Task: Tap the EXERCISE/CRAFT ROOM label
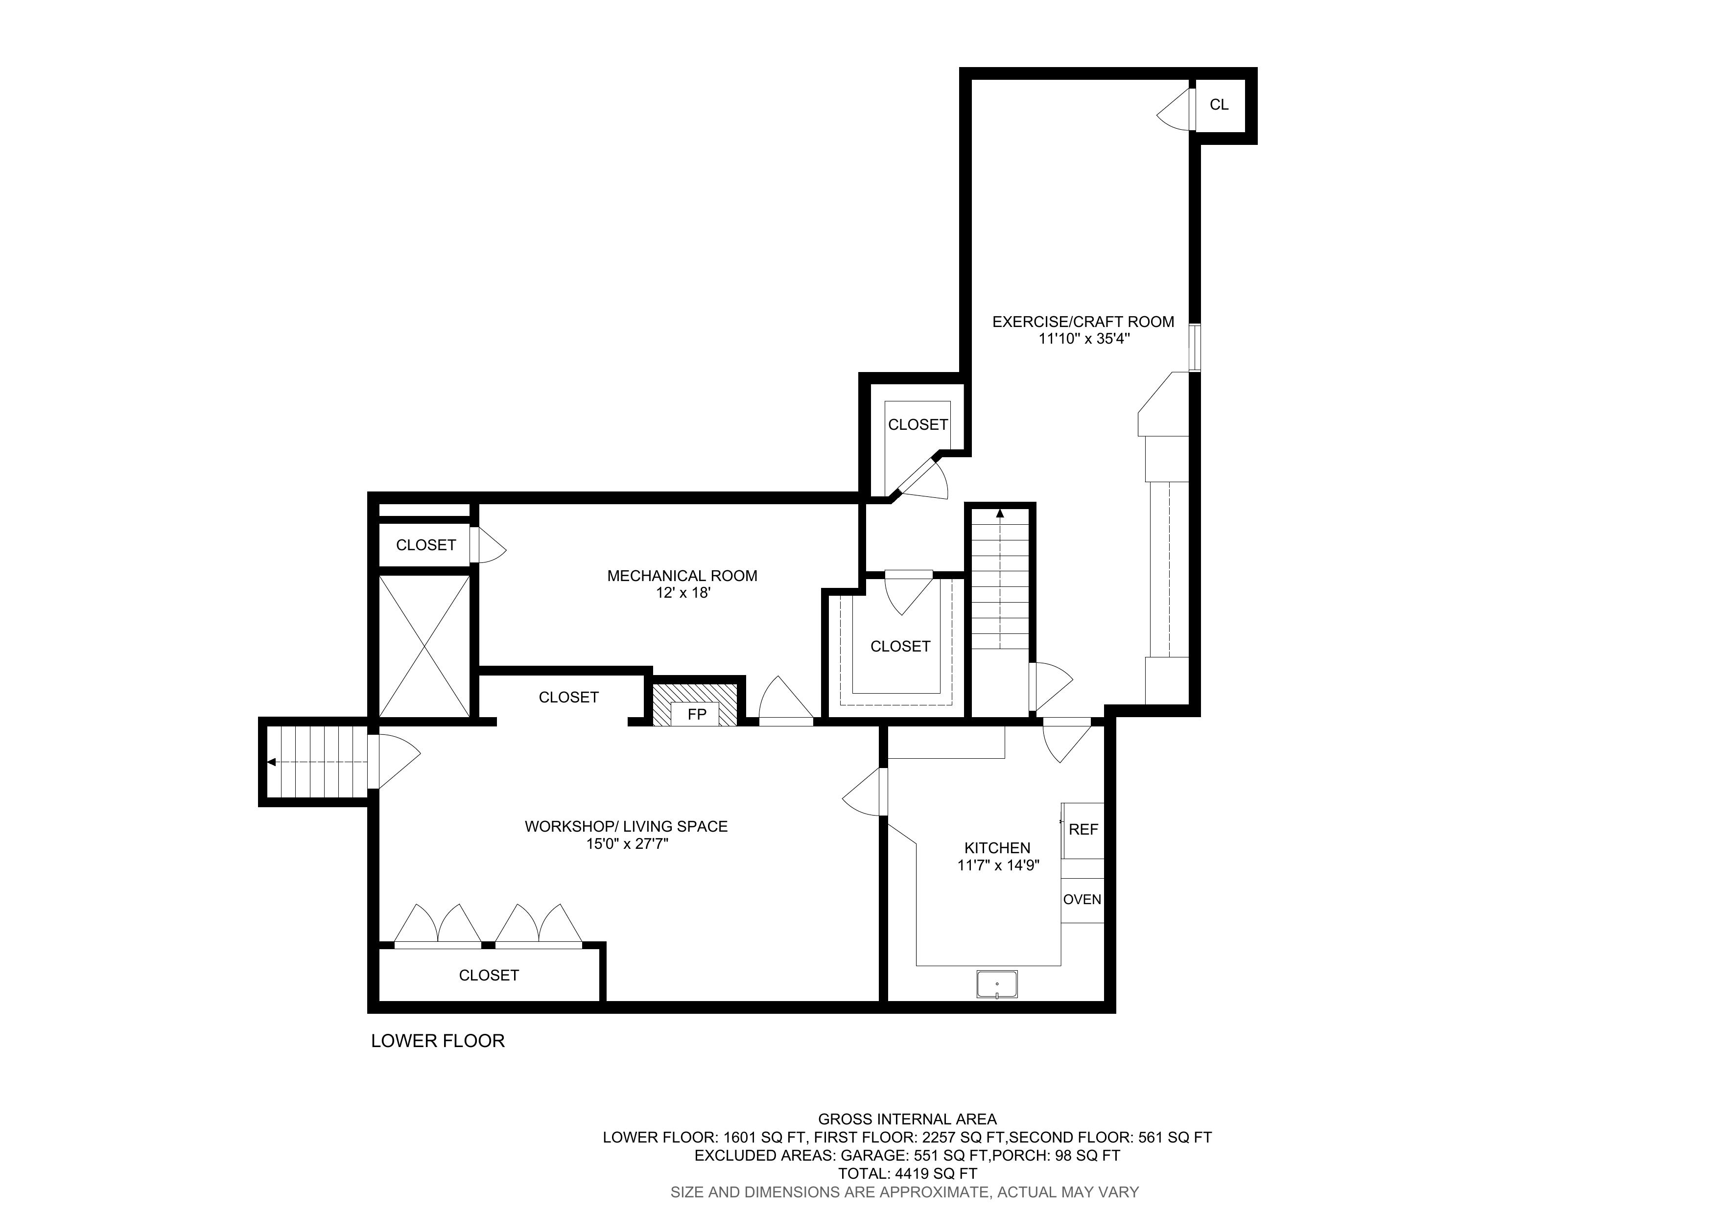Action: tap(1083, 322)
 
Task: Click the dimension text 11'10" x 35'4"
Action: tap(1083, 339)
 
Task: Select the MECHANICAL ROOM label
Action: tap(682, 576)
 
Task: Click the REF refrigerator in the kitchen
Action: tap(1083, 830)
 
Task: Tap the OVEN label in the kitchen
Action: tap(1082, 900)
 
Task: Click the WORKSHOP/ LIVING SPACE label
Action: tap(626, 826)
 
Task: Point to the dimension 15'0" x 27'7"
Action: tap(626, 844)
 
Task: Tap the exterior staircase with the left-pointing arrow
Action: tap(314, 762)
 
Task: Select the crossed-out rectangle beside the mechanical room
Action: tap(424, 646)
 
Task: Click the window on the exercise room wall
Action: tap(1195, 347)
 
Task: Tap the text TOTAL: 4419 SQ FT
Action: tap(907, 1173)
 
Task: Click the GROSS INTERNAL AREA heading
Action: tap(907, 1120)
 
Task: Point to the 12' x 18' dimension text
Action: tap(682, 593)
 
